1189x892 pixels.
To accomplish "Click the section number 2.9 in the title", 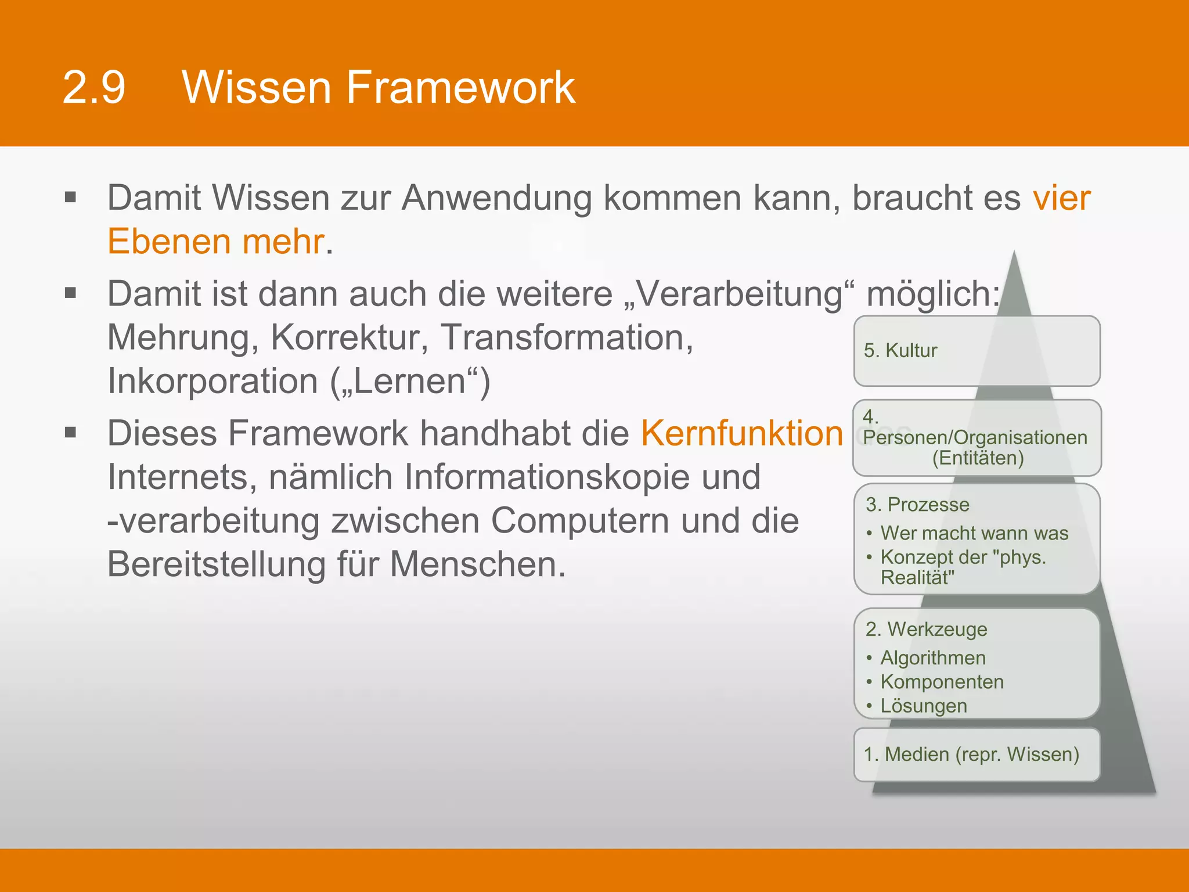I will coord(94,88).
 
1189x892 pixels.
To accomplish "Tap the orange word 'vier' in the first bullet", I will coord(1061,198).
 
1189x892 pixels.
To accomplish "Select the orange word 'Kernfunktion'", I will coord(741,433).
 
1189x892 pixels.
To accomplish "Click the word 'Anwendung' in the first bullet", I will coord(496,198).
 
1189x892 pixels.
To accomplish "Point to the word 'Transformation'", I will coord(567,337).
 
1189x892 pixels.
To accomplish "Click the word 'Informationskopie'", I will coord(582,477).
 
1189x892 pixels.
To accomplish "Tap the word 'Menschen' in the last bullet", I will coord(477,564).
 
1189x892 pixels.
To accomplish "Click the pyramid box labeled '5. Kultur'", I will coord(977,351).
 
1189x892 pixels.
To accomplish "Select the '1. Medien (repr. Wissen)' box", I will coord(977,754).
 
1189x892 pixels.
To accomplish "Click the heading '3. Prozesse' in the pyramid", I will coord(917,505).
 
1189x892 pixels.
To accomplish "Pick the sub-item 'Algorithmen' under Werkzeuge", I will coord(933,658).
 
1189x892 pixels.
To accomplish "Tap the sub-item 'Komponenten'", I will coord(942,682).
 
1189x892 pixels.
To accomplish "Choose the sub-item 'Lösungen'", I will coord(924,706).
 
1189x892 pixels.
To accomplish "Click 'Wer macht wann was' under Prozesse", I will coord(974,533).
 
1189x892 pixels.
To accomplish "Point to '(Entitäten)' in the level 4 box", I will coord(978,458).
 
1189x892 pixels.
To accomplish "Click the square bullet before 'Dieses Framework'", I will coord(71,433).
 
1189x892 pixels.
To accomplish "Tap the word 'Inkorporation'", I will coord(212,382).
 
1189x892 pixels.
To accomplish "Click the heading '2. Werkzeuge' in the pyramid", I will coord(926,630).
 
